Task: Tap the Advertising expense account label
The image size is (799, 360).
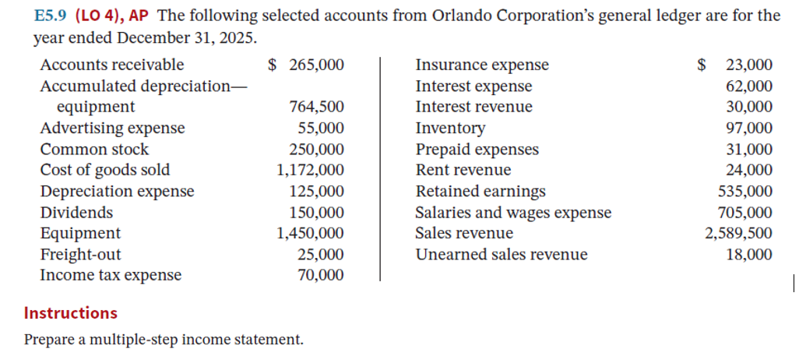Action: (x=112, y=128)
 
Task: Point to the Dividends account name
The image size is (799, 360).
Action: (x=76, y=212)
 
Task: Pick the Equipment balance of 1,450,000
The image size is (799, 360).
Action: (x=310, y=233)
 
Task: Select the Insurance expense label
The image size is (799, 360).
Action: (x=482, y=65)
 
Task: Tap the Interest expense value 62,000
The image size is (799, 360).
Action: (x=749, y=86)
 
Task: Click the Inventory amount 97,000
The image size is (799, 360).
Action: (x=749, y=129)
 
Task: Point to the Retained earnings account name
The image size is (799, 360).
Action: (x=480, y=192)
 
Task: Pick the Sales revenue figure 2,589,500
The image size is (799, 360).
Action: (x=739, y=233)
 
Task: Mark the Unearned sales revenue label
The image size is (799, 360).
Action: (x=502, y=255)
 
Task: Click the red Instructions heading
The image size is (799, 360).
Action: (x=71, y=313)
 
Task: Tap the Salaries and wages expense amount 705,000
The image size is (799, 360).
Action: (x=744, y=213)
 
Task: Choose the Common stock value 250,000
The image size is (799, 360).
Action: (x=315, y=149)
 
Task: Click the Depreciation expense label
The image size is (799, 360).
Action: (x=117, y=191)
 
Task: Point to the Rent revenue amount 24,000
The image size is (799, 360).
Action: (x=749, y=171)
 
